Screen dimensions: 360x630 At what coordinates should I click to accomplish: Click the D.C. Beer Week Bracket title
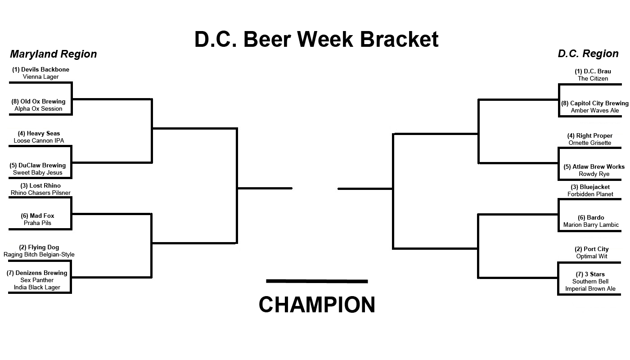coord(316,39)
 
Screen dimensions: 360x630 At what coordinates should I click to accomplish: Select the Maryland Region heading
coord(53,54)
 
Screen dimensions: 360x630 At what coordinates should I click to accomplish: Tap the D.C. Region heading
coord(588,54)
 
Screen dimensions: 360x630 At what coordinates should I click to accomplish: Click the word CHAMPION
coord(317,305)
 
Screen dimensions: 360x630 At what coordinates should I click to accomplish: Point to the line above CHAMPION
coord(317,281)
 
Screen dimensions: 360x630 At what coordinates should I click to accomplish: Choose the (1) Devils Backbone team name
coord(40,70)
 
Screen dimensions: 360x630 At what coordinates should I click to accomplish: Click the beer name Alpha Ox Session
coord(38,108)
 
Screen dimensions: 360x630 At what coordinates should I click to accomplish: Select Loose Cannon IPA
coord(39,140)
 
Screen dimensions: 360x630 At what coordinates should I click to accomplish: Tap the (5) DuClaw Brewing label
coord(38,165)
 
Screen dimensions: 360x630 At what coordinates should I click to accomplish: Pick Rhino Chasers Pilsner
coord(40,193)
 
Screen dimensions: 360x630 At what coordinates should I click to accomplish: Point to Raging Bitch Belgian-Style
coord(39,254)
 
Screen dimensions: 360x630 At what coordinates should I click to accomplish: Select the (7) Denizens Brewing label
coord(37,273)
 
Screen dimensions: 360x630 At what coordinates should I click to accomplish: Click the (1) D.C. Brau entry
coord(593,71)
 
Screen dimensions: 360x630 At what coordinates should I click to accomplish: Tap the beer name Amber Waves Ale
coord(594,110)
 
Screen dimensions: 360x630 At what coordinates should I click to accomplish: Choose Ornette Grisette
coord(589,143)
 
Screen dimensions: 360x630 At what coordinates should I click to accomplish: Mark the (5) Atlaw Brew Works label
coord(594,166)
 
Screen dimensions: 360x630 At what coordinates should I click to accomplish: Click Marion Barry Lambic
coord(591,225)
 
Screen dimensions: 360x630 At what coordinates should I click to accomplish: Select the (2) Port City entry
coord(591,249)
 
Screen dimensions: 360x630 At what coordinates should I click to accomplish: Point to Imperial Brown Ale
coord(590,288)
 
